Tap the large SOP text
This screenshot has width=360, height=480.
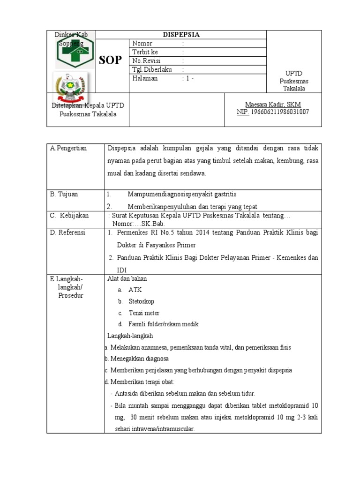(110, 60)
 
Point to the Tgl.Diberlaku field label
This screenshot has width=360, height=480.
(152, 70)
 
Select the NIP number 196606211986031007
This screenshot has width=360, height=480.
(280, 112)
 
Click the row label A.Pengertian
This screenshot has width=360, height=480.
(69, 148)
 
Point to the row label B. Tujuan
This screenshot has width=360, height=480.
(64, 194)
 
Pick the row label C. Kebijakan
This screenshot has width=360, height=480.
(68, 216)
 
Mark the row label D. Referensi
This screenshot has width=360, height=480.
(68, 232)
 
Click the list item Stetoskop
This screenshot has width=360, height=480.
(141, 301)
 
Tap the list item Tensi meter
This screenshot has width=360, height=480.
(144, 313)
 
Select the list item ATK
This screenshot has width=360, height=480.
(135, 290)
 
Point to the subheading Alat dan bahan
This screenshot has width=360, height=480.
(127, 278)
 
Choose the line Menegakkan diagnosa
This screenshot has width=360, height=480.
(139, 359)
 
